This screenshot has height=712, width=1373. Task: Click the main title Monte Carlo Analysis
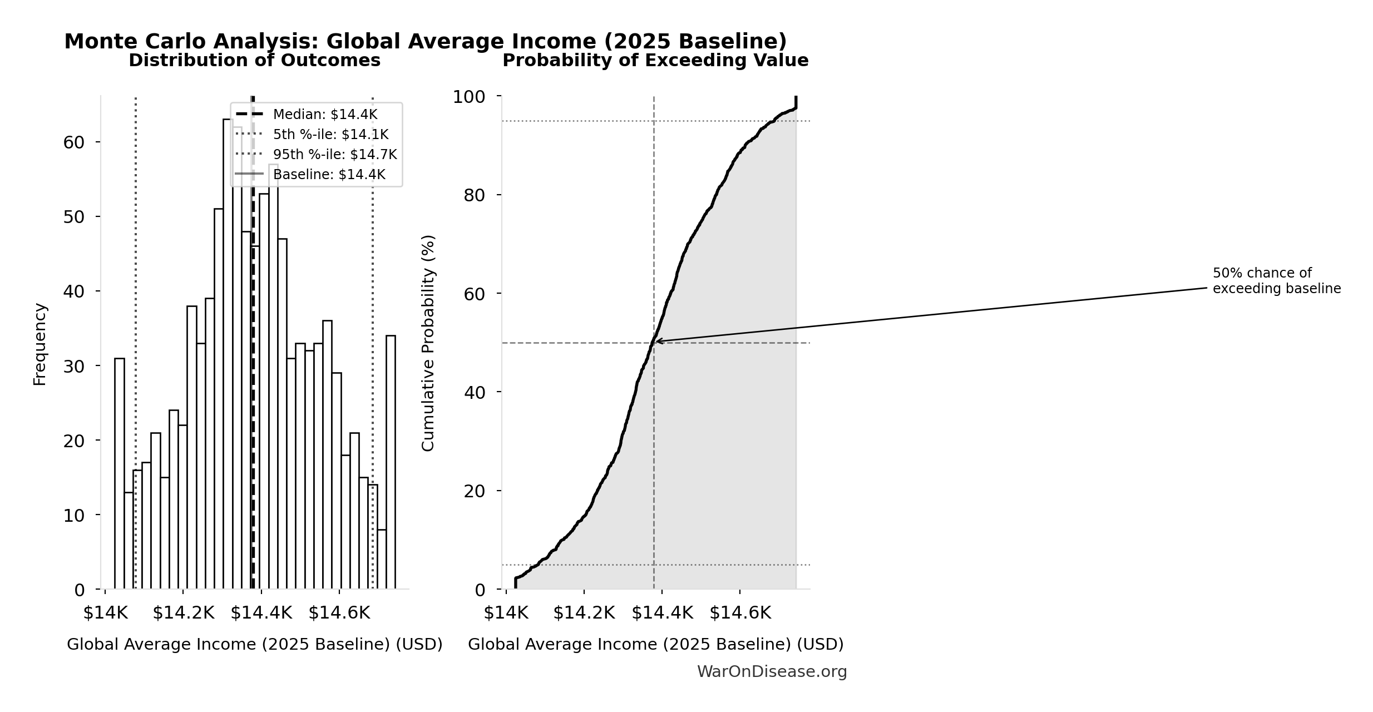(426, 42)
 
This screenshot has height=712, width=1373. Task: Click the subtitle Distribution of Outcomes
(254, 61)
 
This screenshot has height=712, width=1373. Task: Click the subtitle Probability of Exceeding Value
(655, 61)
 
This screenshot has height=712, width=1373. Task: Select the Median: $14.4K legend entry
(325, 115)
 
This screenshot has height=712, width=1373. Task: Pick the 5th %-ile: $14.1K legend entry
(330, 135)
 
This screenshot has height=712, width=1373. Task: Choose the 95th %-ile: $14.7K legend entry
(334, 155)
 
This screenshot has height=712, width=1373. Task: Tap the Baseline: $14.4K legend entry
(329, 175)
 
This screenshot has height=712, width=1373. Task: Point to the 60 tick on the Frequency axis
(73, 142)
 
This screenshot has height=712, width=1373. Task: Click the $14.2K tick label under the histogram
(183, 613)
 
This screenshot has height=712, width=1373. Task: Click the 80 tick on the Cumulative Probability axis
(474, 195)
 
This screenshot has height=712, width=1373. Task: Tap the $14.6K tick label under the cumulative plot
(740, 613)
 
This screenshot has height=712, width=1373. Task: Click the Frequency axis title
(40, 344)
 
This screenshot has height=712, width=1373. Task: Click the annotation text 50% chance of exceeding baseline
(1276, 281)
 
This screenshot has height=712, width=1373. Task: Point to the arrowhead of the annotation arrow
(657, 341)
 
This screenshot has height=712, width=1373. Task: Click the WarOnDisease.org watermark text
(772, 672)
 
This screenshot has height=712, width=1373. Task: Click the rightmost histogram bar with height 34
(391, 462)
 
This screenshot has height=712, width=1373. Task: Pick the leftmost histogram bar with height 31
(120, 473)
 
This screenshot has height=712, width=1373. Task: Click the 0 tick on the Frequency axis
(79, 590)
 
